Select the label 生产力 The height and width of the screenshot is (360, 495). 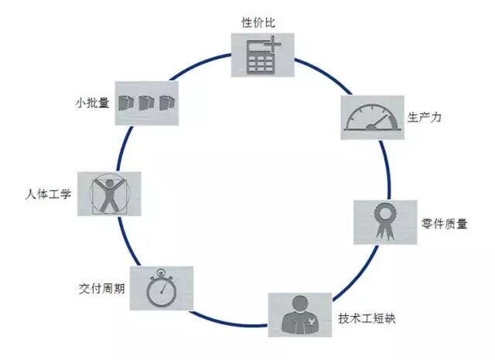pyautogui.click(x=424, y=118)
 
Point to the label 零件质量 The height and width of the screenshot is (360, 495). pyautogui.click(x=445, y=225)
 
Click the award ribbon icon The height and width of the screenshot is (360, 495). pyautogui.click(x=384, y=223)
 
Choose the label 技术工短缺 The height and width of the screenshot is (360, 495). pyautogui.click(x=367, y=319)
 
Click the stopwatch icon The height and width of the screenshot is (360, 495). pyautogui.click(x=160, y=289)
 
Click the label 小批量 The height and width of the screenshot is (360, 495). pyautogui.click(x=92, y=101)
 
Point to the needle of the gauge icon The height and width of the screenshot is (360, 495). pyautogui.click(x=374, y=124)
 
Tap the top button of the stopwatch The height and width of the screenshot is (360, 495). pyautogui.click(x=159, y=272)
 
